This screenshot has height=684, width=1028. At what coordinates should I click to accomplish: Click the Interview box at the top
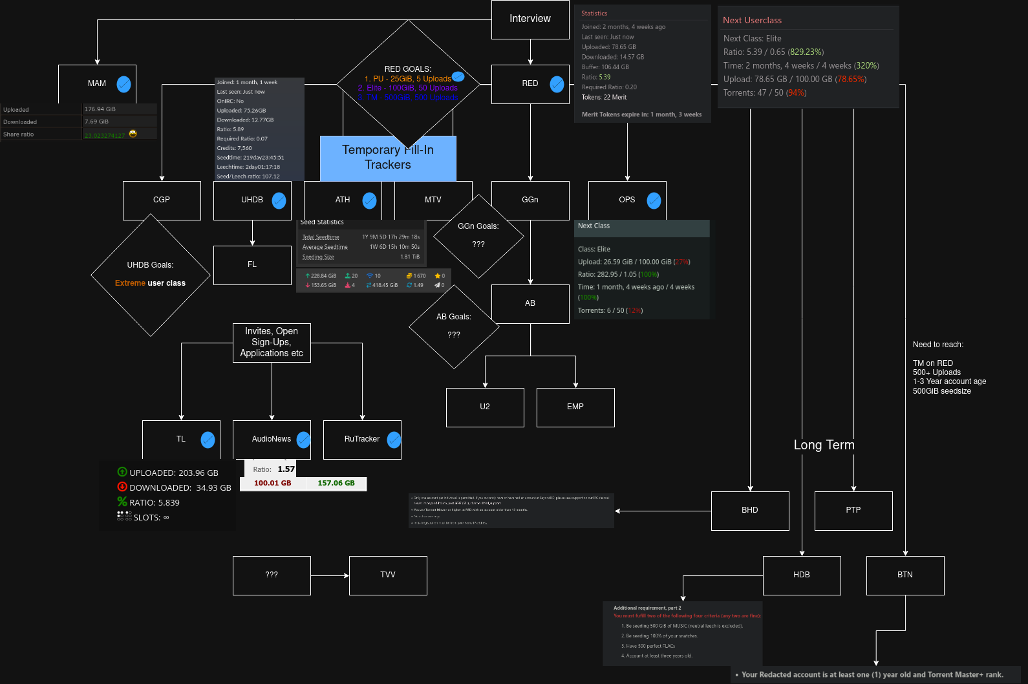pyautogui.click(x=530, y=19)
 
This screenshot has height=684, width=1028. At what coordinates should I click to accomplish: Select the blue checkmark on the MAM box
pyautogui.click(x=123, y=84)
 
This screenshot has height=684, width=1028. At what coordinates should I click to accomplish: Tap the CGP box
pyautogui.click(x=162, y=200)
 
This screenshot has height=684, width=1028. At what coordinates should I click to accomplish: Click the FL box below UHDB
pyautogui.click(x=252, y=265)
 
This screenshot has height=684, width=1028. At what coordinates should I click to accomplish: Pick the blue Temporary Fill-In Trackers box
pyautogui.click(x=388, y=158)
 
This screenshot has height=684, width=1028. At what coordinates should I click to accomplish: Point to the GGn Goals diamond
pyautogui.click(x=478, y=236)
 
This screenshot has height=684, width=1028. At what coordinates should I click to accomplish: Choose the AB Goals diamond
pyautogui.click(x=454, y=326)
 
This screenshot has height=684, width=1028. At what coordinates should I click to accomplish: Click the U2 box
pyautogui.click(x=485, y=407)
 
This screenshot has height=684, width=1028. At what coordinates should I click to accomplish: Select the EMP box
pyautogui.click(x=575, y=407)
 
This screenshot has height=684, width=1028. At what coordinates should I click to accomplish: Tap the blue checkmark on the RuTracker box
pyautogui.click(x=394, y=440)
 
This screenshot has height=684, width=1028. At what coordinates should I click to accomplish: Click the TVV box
pyautogui.click(x=388, y=575)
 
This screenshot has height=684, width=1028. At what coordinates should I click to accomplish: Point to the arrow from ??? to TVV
pyautogui.click(x=330, y=575)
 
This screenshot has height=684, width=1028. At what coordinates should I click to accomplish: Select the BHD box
pyautogui.click(x=750, y=511)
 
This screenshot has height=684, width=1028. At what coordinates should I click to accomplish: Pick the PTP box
pyautogui.click(x=853, y=511)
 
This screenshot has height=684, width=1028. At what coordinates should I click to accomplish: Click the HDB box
pyautogui.click(x=802, y=575)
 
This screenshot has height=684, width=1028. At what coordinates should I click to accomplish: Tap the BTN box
pyautogui.click(x=905, y=575)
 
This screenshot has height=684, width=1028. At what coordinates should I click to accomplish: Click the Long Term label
pyautogui.click(x=824, y=445)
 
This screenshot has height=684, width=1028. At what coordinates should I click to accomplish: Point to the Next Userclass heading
pyautogui.click(x=752, y=21)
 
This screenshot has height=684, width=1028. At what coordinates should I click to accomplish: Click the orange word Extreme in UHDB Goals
pyautogui.click(x=130, y=283)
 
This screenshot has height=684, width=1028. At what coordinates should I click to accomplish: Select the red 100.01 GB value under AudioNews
pyautogui.click(x=272, y=484)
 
